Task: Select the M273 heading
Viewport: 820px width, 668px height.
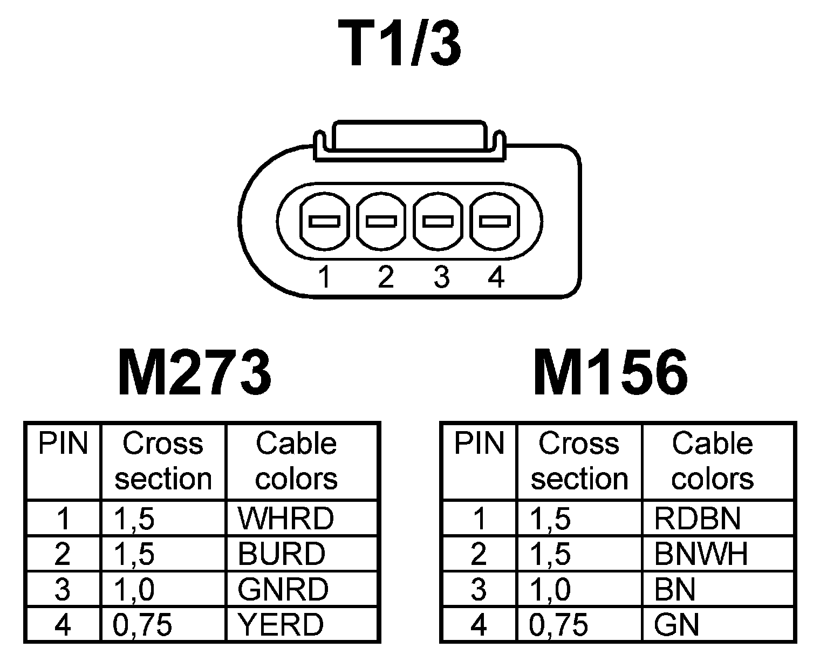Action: pos(194,372)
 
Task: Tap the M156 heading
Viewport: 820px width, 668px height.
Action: pos(611,372)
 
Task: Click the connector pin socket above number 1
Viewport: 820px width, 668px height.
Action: pos(324,221)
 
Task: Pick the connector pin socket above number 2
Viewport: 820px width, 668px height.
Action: pos(381,221)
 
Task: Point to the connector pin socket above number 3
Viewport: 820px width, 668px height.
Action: pos(438,221)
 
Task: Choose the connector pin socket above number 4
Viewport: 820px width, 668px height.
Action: pos(495,221)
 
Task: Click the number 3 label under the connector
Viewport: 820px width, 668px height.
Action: pos(441,277)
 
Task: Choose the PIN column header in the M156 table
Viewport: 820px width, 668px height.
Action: pos(479,444)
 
